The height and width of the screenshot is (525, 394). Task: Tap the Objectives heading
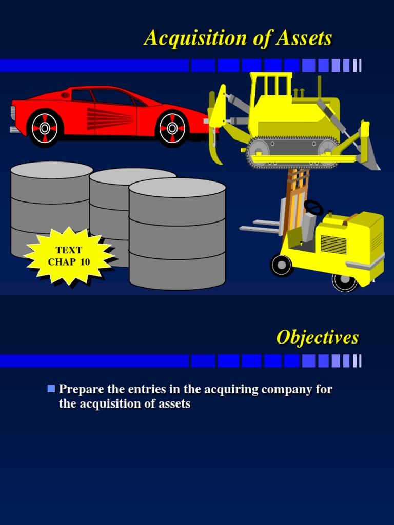point(318,337)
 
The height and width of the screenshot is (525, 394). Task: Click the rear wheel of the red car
point(44,128)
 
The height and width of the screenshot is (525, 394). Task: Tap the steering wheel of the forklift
point(313,207)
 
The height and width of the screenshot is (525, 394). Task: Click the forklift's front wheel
point(282,265)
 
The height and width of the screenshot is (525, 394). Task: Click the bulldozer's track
point(292,152)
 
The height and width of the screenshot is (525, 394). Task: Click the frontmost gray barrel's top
point(177,187)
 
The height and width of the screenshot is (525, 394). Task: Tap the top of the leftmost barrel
point(51,170)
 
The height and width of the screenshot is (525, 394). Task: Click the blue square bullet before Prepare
point(51,389)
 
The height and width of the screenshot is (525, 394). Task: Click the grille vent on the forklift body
point(333,245)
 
